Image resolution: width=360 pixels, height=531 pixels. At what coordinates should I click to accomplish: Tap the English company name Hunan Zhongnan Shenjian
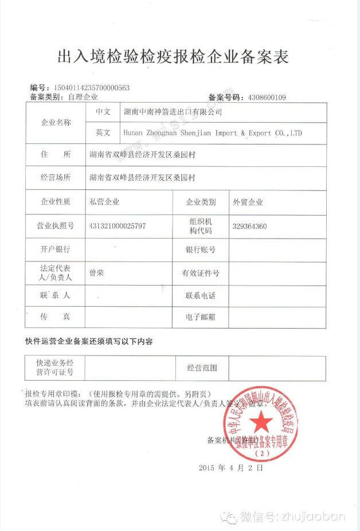point(212,133)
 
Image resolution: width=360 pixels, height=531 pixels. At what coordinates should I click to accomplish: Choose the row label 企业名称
point(55,122)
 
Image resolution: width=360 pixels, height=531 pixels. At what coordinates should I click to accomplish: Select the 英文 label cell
point(103,133)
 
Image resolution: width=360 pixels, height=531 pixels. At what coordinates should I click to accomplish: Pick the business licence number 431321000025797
point(118,226)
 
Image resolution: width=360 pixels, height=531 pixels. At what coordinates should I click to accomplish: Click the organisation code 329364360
point(249,226)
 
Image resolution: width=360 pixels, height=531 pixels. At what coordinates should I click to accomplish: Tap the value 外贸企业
point(248,202)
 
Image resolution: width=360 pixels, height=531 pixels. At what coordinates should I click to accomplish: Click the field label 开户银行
point(55,249)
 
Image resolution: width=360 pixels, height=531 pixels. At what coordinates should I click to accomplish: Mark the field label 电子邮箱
point(200,317)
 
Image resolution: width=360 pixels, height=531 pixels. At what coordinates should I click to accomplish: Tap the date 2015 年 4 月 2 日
point(231,468)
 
